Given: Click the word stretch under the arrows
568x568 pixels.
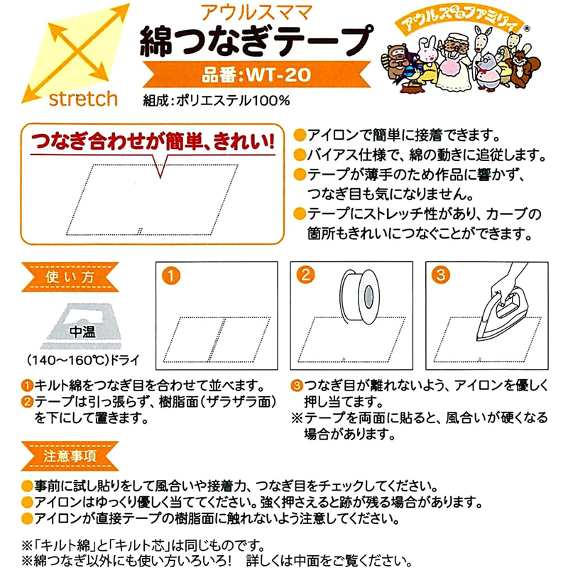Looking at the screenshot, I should pos(83,98).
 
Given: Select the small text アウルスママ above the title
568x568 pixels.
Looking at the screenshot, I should pos(252,11).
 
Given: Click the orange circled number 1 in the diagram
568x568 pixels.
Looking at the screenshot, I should pos(168,274).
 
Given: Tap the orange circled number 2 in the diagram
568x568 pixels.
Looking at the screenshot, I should pos(305,274).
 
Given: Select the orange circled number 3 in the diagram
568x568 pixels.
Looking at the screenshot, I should pos(440,274).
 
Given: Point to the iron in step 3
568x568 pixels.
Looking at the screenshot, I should pos(498,305).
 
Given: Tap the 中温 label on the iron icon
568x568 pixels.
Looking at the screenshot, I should pos(80,331).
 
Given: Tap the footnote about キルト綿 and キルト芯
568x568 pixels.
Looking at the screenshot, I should pos(142,545).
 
